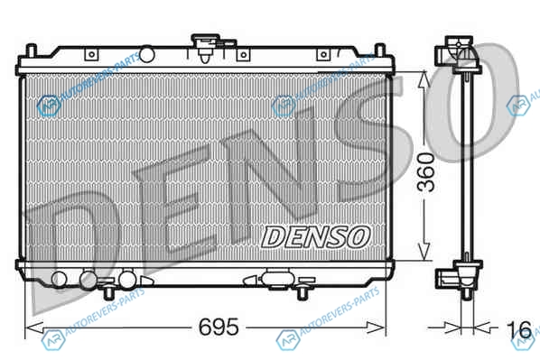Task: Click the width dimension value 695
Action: (219, 327)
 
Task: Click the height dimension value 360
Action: (425, 172)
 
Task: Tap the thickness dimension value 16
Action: (519, 329)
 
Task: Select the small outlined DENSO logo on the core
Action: (315, 237)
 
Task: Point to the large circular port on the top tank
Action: (146, 54)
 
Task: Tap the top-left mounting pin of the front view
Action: (32, 51)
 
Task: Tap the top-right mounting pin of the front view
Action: (379, 50)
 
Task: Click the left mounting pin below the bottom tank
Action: (109, 293)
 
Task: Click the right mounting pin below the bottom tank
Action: (303, 293)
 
